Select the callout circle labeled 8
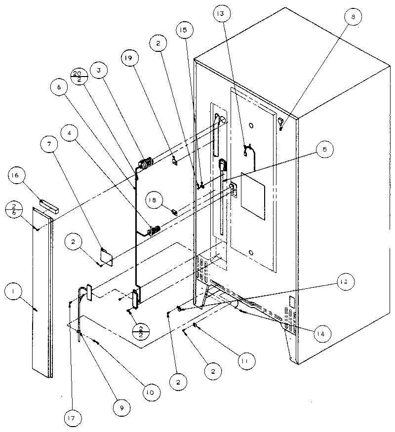pos(352,17)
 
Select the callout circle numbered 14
pos(321,334)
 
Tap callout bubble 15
pos(183,31)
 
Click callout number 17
pos(72,416)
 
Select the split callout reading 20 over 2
pos(79,76)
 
